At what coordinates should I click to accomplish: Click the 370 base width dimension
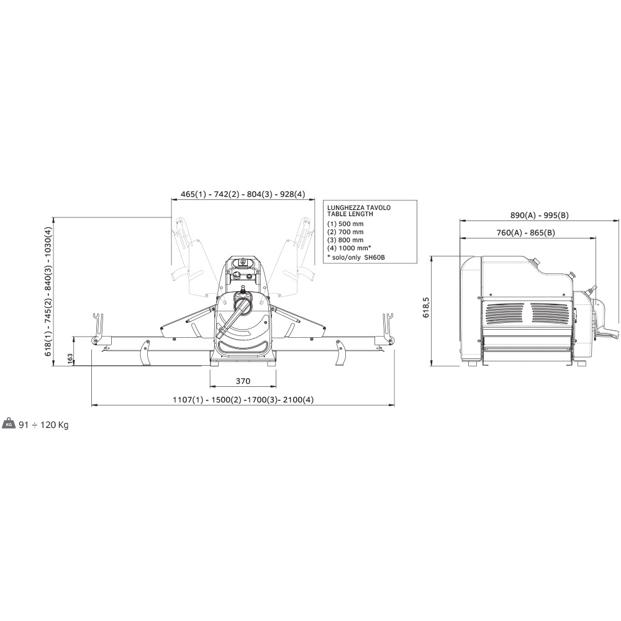(243, 381)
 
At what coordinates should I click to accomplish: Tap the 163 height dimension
(70, 359)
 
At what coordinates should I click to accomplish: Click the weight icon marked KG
(9, 424)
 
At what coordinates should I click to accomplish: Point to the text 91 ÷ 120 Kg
(43, 425)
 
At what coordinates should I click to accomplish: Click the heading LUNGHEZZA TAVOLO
(359, 207)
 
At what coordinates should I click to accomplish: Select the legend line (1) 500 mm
(345, 224)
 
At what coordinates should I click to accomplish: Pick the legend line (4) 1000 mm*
(349, 248)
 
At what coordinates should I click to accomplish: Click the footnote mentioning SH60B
(356, 258)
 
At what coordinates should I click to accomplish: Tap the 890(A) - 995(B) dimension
(540, 215)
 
